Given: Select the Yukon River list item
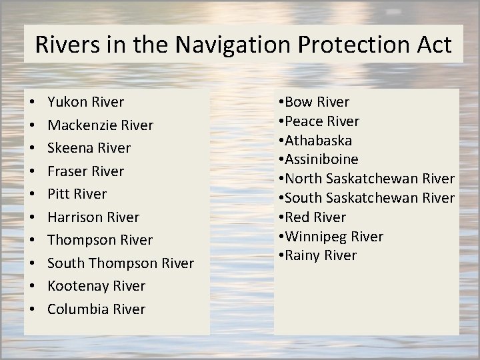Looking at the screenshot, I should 86,102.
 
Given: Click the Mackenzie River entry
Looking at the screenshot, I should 101,125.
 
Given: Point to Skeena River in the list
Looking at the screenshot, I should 89,148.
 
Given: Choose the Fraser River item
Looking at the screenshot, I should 86,171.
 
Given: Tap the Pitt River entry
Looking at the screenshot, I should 77,194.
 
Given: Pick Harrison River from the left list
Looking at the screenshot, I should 94,217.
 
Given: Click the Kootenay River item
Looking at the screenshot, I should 97,286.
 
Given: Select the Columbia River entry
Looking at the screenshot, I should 97,309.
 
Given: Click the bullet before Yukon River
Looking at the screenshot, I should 33,103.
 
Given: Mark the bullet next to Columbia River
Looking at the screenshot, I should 33,310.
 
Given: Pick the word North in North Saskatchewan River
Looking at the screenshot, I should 305,179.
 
